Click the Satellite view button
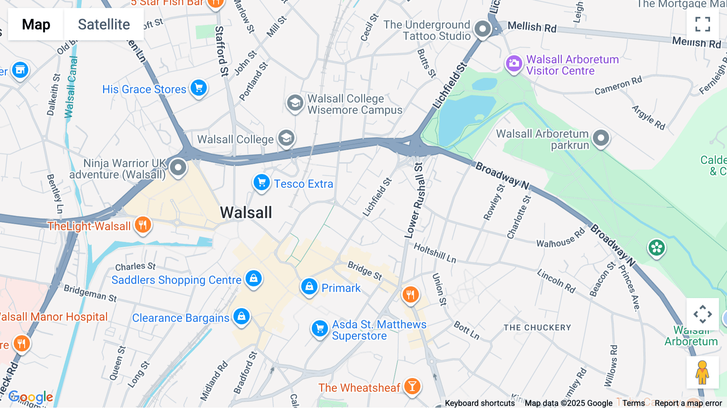point(104,25)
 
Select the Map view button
point(36,25)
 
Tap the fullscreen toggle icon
point(702,24)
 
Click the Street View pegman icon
point(702,372)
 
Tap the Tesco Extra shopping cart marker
point(261,183)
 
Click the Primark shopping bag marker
point(309,287)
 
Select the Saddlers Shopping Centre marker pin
point(254,279)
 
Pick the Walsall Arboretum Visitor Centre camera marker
point(514,63)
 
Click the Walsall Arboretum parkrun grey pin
point(601,138)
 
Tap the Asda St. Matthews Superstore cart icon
point(319,328)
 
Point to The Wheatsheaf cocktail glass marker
point(412,387)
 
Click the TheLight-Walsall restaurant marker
point(143,225)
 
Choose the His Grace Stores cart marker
point(198,88)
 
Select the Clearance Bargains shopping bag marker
point(242,316)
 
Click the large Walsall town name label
point(246,212)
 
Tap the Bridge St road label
point(365,270)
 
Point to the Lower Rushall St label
point(415,201)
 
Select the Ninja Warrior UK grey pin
point(178,167)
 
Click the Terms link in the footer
point(633,403)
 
